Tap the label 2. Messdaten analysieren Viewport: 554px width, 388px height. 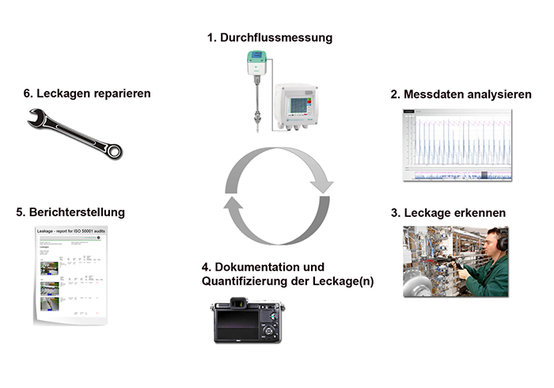[461, 94]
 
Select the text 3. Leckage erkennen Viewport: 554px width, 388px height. [448, 213]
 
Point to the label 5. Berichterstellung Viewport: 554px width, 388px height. [70, 212]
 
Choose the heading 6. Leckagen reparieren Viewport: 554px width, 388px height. [87, 93]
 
